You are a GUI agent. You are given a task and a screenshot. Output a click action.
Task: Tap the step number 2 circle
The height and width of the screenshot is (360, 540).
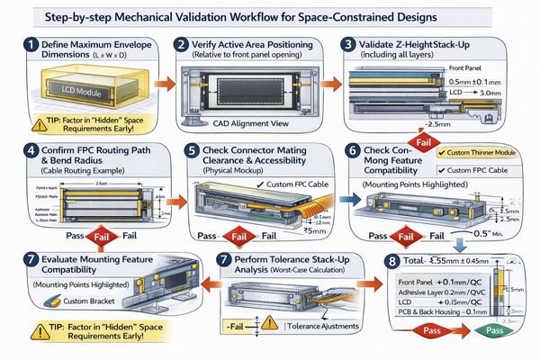[183, 44]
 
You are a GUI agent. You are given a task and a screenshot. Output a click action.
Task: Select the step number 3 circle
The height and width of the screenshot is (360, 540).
[351, 44]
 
